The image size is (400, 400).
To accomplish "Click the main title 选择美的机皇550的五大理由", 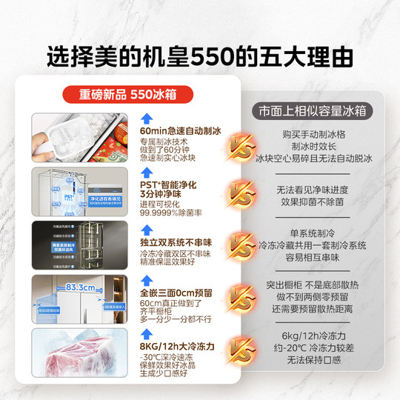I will (200, 56).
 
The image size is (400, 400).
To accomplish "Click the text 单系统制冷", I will (306, 233).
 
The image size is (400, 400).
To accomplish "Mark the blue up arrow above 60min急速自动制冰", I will (147, 118).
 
